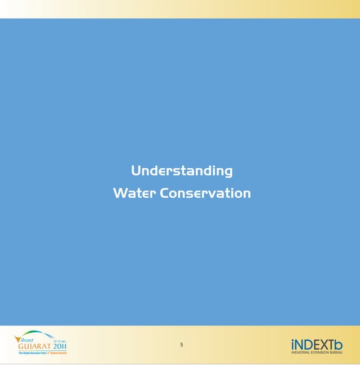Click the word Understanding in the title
click(182, 171)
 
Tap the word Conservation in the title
click(205, 193)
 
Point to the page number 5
click(182, 345)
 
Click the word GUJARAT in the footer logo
click(34, 346)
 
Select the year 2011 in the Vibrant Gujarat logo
click(60, 346)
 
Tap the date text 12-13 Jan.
click(60, 341)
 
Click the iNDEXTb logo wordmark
click(317, 344)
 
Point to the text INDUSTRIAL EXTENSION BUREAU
click(317, 353)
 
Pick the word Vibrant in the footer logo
click(27, 340)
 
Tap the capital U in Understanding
click(136, 170)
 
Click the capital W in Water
click(119, 193)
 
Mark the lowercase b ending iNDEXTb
click(338, 344)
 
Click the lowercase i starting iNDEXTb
click(293, 344)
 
